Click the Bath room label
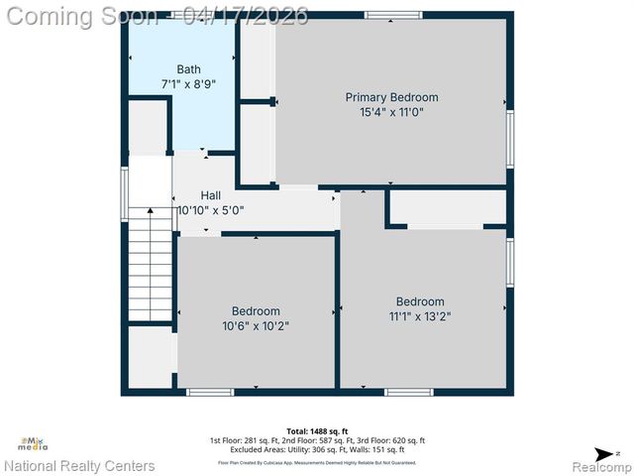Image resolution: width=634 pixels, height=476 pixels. (x=188, y=68)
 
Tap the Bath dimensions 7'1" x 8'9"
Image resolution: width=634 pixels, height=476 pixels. (x=188, y=85)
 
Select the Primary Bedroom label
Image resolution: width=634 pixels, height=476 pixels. (x=391, y=97)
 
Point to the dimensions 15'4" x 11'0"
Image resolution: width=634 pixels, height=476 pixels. (x=391, y=113)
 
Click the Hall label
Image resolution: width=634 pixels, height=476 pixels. (x=211, y=195)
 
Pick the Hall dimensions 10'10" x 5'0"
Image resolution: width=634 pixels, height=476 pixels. (x=210, y=210)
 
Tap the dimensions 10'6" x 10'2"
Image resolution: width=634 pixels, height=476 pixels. (x=256, y=325)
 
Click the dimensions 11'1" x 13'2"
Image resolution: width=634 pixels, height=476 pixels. (x=420, y=317)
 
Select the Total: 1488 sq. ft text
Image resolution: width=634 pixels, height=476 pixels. (x=316, y=431)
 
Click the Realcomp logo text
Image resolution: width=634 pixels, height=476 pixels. (x=597, y=465)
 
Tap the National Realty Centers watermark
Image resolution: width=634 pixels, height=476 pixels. (x=79, y=465)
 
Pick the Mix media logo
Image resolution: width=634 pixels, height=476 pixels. (x=34, y=444)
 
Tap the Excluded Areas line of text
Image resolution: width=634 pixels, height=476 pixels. (x=317, y=450)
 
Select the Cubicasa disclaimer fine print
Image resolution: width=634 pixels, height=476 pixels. (x=317, y=462)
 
